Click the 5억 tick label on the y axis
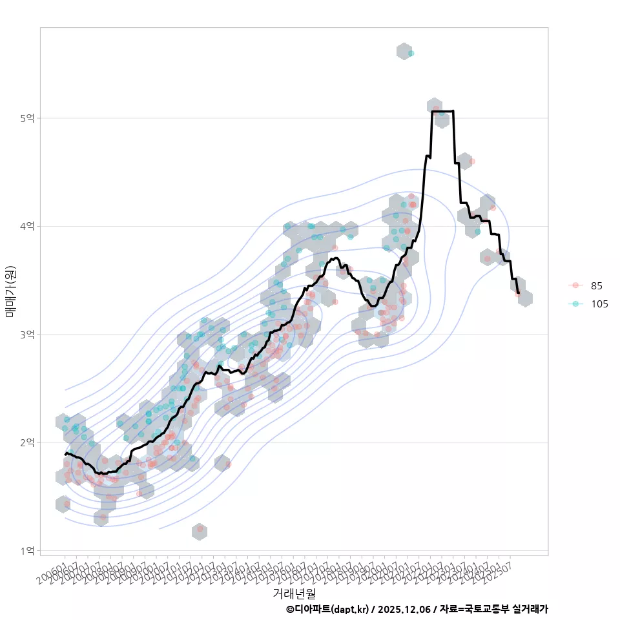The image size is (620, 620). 28,118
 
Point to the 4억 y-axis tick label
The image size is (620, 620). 28,226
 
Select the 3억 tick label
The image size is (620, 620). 28,335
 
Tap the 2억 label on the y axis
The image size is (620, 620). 28,442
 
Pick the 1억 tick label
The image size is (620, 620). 28,551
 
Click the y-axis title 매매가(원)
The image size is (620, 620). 10,291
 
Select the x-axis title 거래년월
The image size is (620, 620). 294,593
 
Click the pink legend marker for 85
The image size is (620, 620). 575,285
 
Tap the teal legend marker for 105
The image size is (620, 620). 575,304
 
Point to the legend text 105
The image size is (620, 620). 599,304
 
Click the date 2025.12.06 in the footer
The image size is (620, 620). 404,609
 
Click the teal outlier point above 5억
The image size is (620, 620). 411,53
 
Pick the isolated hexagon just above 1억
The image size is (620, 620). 200,531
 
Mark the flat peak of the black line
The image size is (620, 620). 442,111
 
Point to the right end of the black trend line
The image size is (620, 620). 518,293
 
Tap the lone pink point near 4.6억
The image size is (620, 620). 472,161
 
